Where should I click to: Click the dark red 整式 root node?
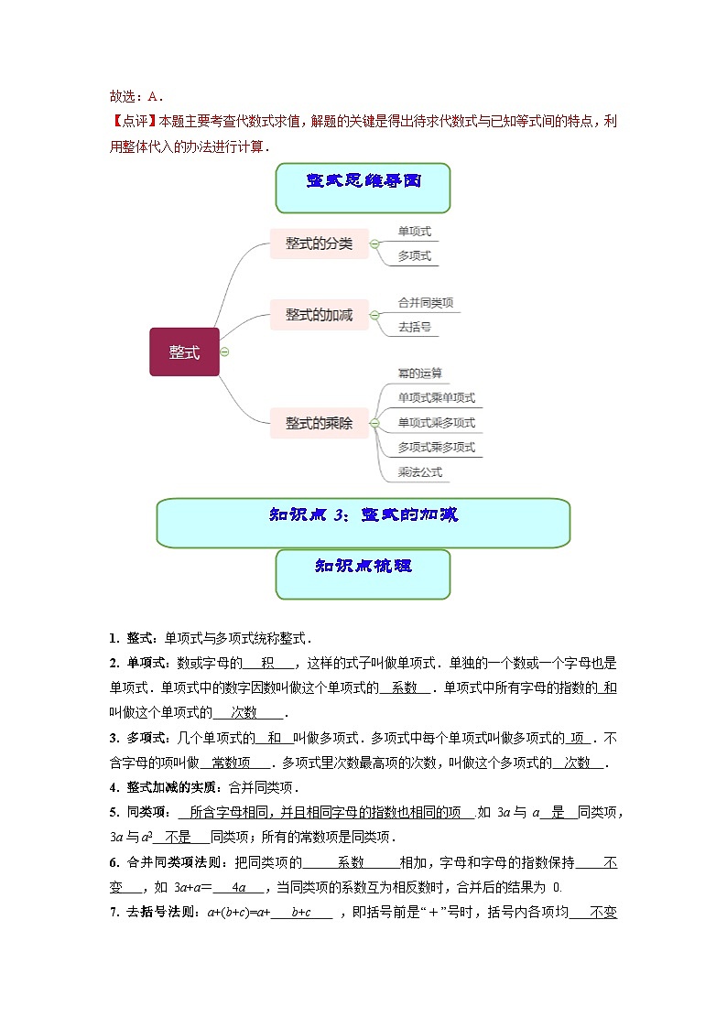pos(184,352)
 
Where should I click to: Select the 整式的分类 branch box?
pos(319,243)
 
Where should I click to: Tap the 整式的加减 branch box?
pos(319,314)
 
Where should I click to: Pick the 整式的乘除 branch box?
pos(319,423)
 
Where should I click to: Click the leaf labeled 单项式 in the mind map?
pos(414,232)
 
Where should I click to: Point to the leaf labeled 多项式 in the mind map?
pos(414,256)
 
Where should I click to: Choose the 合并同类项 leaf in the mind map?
pos(426,302)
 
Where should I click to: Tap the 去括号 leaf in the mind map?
pos(414,327)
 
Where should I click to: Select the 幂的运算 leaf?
pos(419,373)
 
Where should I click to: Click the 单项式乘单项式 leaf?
pos(437,398)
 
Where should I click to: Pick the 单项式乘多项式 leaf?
pos(437,423)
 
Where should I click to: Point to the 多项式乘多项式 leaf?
pos(437,448)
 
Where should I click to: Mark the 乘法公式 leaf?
pos(419,472)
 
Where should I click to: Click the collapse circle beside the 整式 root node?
pos(225,352)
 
